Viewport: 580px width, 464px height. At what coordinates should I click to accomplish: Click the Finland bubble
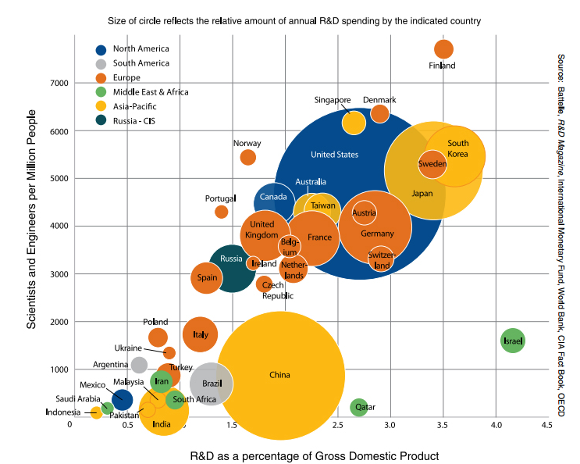[x=443, y=48]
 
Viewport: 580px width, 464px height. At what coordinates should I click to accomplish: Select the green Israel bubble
[x=512, y=341]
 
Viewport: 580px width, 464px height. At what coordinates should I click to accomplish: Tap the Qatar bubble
[x=359, y=406]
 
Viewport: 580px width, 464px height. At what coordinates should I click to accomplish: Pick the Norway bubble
[x=247, y=157]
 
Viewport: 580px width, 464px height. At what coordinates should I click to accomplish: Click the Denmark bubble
[x=380, y=113]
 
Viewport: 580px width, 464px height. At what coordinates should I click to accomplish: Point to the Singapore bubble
[x=354, y=123]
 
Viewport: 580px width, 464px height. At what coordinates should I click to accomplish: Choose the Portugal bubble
[x=222, y=212]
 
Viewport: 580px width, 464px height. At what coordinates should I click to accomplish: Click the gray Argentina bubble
[x=139, y=365]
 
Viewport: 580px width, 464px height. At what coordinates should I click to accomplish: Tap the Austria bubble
[x=364, y=212]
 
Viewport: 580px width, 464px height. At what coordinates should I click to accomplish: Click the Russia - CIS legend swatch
[x=101, y=120]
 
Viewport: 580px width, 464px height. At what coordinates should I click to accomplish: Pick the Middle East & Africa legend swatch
[x=101, y=91]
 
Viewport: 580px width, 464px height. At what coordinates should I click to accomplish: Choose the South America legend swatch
[x=101, y=63]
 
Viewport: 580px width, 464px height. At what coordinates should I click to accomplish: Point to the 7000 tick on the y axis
[x=59, y=83]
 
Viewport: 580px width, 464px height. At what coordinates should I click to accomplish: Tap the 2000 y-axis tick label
[x=59, y=322]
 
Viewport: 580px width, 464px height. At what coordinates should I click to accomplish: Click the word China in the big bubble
[x=279, y=375]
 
